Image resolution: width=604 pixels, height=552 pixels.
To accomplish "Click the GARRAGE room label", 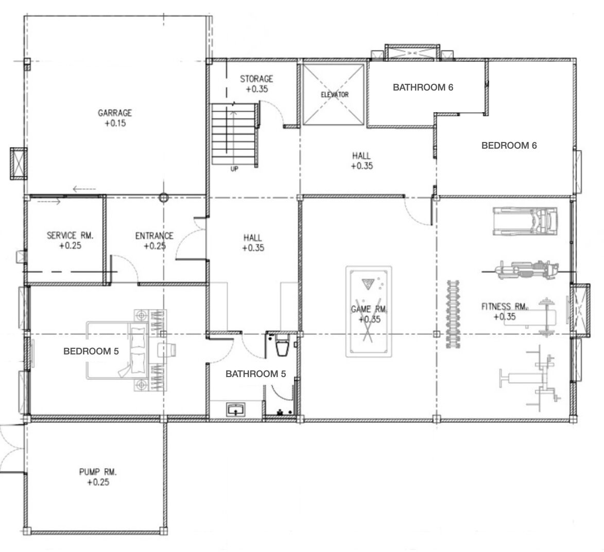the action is pyautogui.click(x=115, y=113).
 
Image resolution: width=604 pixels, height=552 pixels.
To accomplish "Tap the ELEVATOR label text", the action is pyautogui.click(x=335, y=94).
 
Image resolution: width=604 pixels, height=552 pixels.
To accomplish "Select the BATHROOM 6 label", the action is pyautogui.click(x=423, y=87).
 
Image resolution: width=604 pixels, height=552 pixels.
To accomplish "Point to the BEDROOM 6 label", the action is pyautogui.click(x=509, y=146).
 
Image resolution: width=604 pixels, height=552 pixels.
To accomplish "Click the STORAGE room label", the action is pyautogui.click(x=256, y=79).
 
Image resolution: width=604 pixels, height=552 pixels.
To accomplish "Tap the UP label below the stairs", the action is pyautogui.click(x=234, y=169).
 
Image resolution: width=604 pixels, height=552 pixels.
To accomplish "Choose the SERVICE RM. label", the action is pyautogui.click(x=70, y=235).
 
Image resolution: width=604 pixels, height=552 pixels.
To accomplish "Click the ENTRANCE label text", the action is pyautogui.click(x=154, y=236).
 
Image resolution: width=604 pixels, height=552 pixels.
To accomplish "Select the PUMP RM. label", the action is pyautogui.click(x=98, y=472).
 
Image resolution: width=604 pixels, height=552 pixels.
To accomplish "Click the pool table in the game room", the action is pyautogui.click(x=369, y=311).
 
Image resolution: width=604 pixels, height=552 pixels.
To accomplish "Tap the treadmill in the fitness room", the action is pyautogui.click(x=525, y=221).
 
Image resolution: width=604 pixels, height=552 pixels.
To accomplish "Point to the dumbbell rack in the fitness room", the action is pyautogui.click(x=453, y=314).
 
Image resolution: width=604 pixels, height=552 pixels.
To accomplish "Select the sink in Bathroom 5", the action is pyautogui.click(x=236, y=409).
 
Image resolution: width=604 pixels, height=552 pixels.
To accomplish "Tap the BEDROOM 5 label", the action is pyautogui.click(x=91, y=351).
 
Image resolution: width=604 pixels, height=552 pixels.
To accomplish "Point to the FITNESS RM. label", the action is pyautogui.click(x=505, y=307).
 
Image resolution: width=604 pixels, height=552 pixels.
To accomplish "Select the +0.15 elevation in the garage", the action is pyautogui.click(x=115, y=123).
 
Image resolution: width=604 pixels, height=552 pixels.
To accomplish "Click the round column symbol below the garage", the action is pyautogui.click(x=164, y=198).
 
